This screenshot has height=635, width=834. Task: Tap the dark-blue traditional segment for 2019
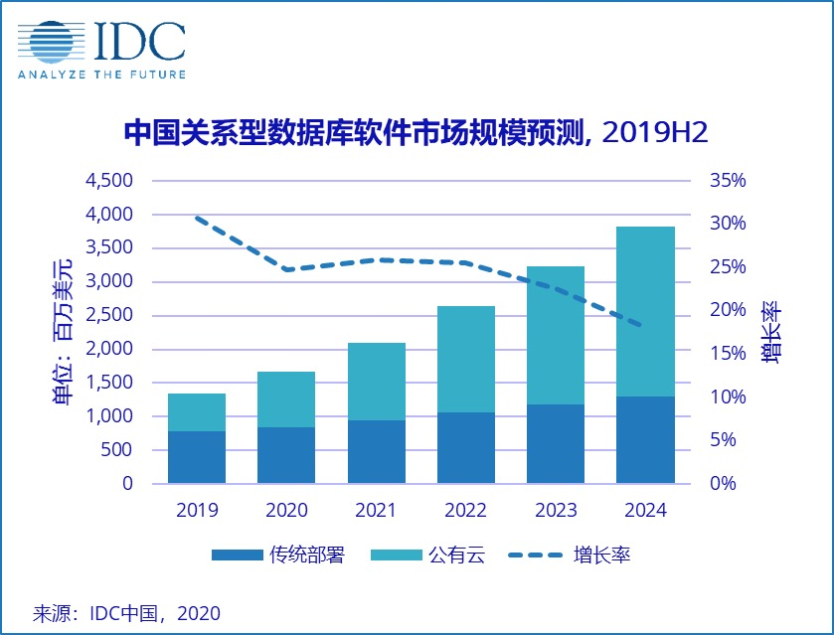coord(196,457)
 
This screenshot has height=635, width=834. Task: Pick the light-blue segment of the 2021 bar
coord(376,382)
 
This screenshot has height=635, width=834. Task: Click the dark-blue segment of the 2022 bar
coord(465,448)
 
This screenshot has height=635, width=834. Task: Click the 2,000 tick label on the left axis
coord(110,349)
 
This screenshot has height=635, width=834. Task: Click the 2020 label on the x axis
coord(286,511)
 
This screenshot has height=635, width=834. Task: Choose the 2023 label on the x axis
coord(555,511)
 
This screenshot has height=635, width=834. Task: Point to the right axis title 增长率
coord(771,332)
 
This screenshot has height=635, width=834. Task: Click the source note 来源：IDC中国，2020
coord(127,612)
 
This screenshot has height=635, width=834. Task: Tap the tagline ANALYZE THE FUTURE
coord(101,74)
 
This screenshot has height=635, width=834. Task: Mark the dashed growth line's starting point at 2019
coord(197,217)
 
